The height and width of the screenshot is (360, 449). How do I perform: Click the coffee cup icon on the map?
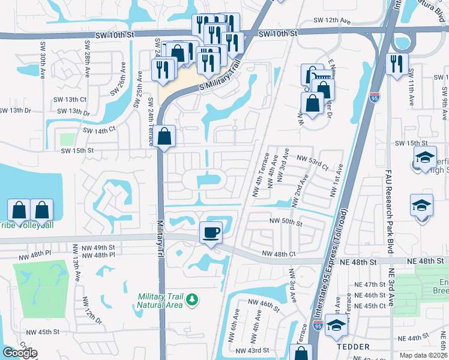[210, 232]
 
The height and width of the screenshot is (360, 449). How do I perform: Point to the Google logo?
[20, 353]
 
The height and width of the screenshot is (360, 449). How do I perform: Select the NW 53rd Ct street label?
[313, 160]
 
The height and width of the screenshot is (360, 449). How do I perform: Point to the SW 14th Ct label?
[98, 130]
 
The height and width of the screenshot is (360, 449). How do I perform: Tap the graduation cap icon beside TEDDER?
[337, 325]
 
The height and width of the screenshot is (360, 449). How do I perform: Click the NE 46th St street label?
[369, 295]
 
